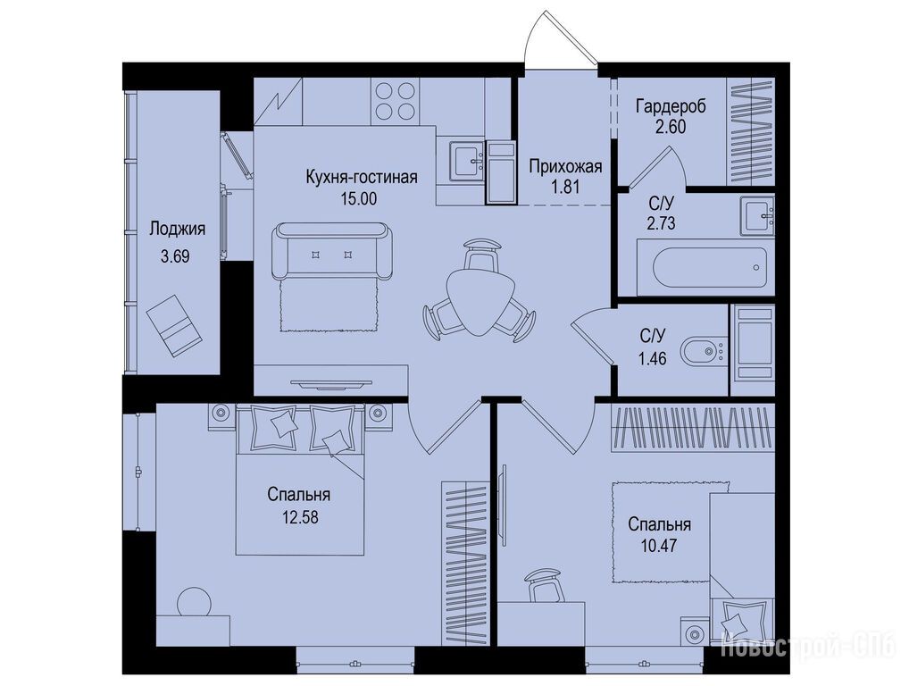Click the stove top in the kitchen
(x=396, y=101)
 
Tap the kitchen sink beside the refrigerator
(x=466, y=161)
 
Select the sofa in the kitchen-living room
(x=331, y=250)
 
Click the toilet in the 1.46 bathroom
(x=703, y=351)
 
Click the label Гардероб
(x=671, y=106)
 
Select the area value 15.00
(x=358, y=199)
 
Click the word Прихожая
(x=566, y=167)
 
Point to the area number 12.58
(x=300, y=516)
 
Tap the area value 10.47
(x=659, y=546)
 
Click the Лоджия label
(x=178, y=229)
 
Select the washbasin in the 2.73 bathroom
(x=757, y=216)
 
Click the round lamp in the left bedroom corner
(x=194, y=603)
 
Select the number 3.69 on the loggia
(x=175, y=255)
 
